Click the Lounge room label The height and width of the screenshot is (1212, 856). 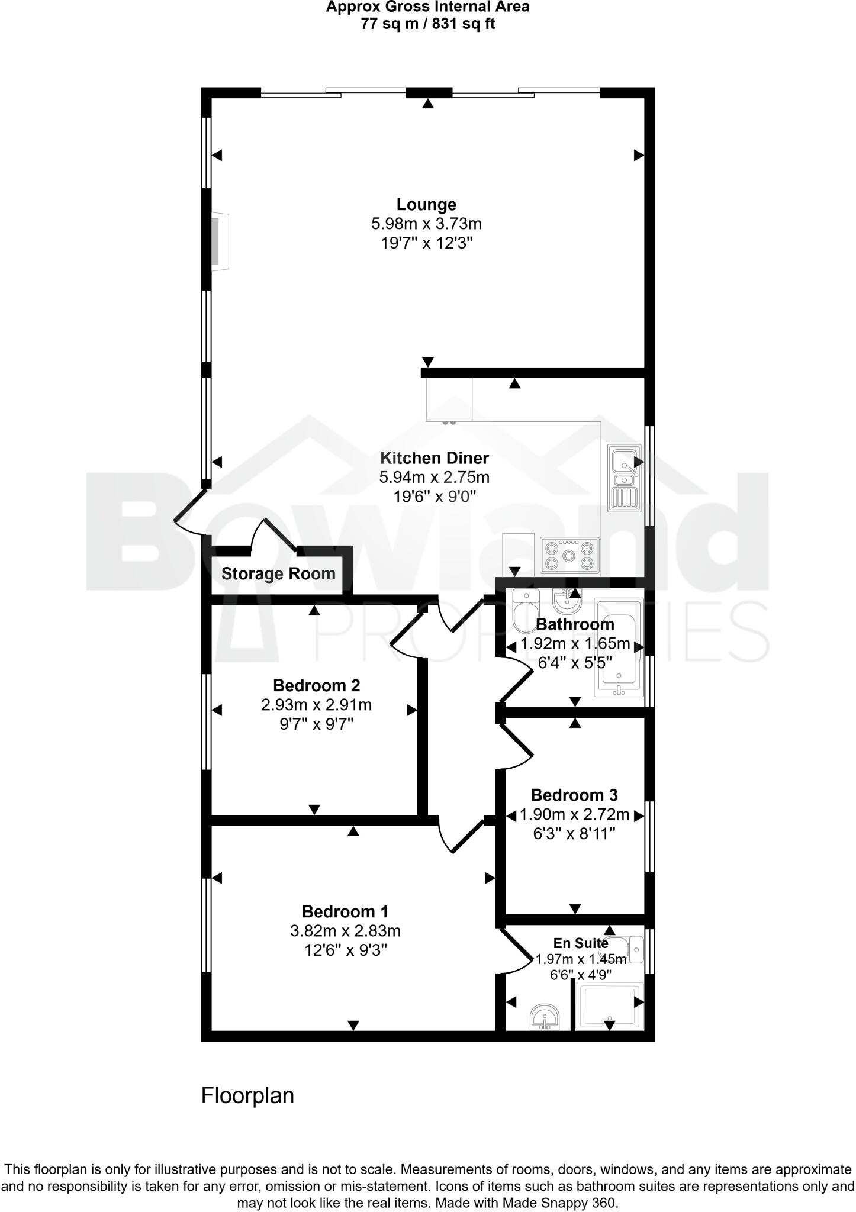[x=426, y=205]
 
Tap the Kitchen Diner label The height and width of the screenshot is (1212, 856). [x=434, y=458]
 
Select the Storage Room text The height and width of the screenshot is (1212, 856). [x=278, y=573]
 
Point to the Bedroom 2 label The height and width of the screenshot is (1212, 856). [x=316, y=685]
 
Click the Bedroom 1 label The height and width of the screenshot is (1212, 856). [x=345, y=911]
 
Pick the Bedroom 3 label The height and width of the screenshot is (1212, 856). [x=574, y=795]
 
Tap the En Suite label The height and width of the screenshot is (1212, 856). [x=580, y=943]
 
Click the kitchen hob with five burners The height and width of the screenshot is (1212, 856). [x=569, y=556]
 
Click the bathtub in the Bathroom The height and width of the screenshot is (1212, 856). [x=619, y=648]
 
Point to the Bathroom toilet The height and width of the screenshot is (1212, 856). [x=524, y=610]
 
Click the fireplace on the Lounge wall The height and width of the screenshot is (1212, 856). [x=220, y=241]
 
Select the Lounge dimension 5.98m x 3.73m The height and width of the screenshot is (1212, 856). [x=426, y=224]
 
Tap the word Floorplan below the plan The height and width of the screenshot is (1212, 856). [x=247, y=1095]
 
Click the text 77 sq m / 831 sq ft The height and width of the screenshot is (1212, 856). [x=427, y=24]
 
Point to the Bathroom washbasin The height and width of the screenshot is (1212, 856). [x=567, y=602]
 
